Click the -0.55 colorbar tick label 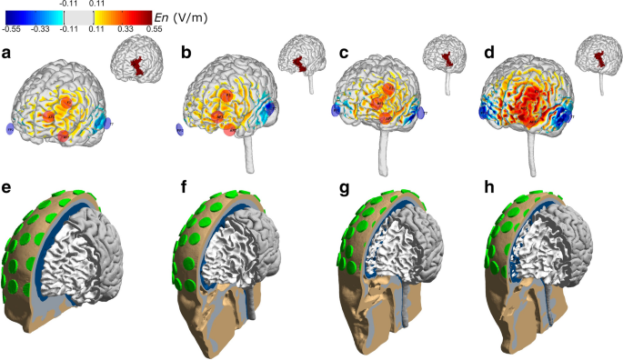pos(12,29)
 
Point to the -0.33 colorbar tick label pos(41,29)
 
